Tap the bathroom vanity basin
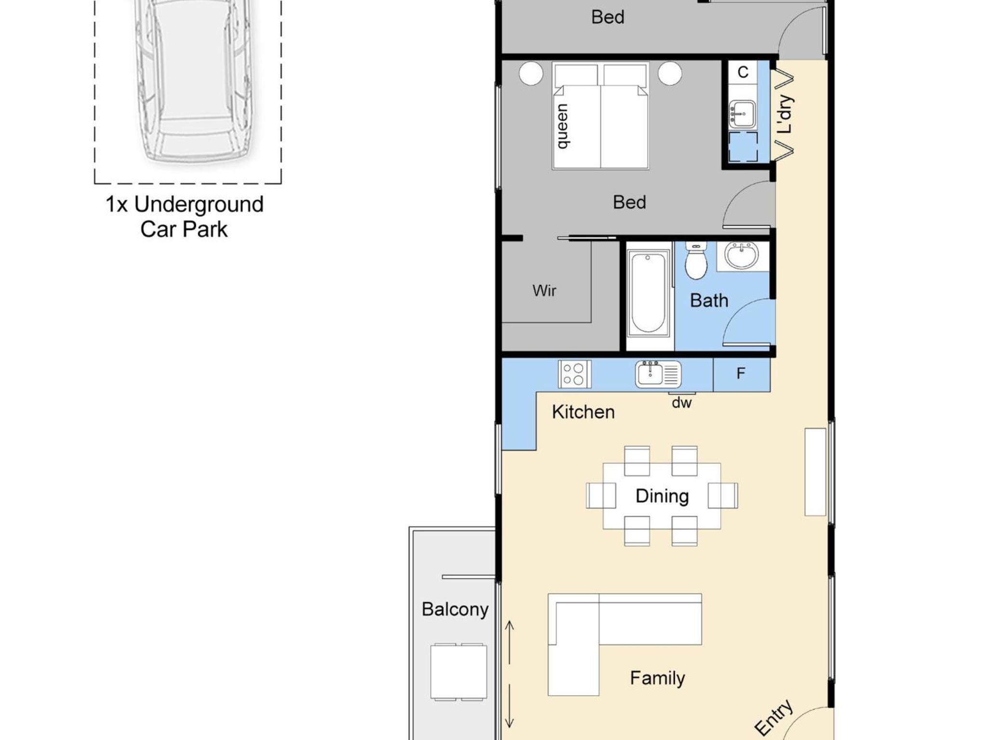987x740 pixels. pos(742,255)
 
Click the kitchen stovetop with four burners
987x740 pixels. pos(574,374)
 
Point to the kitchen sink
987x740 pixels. pos(658,374)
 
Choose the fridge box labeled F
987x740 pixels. pos(741,374)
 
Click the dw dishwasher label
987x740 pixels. pos(681,402)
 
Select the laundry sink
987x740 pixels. pos(742,114)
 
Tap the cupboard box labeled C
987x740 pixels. pos(743,72)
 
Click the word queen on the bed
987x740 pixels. pos(562,126)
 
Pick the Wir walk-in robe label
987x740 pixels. pos(544,291)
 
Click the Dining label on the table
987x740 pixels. pos(662,496)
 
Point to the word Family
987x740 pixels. pos(657,678)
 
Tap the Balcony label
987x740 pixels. pos(455,609)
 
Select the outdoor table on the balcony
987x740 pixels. pos(458,672)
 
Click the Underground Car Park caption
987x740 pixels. pos(185,217)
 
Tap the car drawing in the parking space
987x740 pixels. pos(193,80)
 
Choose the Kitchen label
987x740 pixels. pos(583,412)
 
